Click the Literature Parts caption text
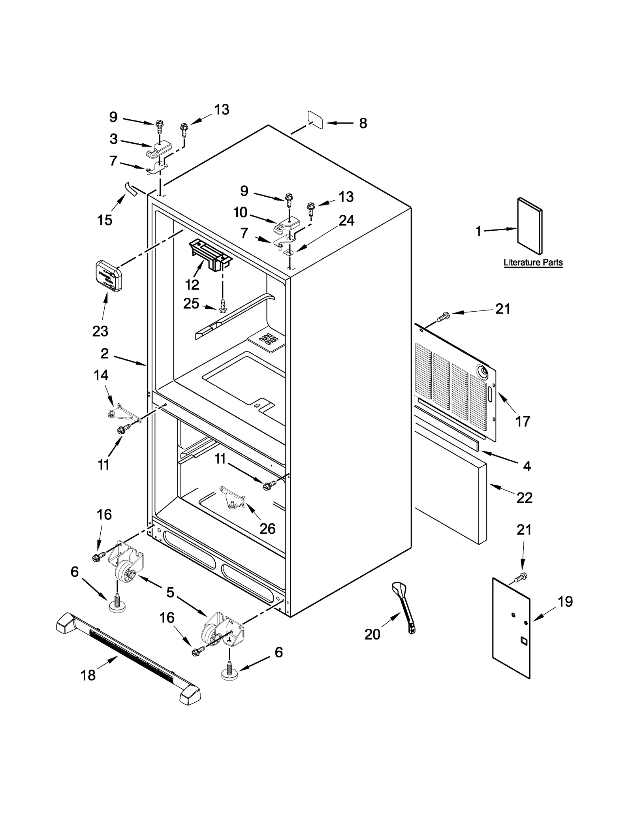click(533, 262)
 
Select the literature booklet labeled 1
click(530, 226)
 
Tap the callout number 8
click(363, 123)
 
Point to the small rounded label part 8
click(315, 120)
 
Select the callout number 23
click(100, 331)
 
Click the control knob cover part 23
click(109, 276)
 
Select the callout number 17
click(522, 421)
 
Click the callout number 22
click(524, 498)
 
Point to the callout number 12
click(192, 284)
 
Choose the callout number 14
click(101, 375)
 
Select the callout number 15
click(105, 220)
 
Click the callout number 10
click(240, 212)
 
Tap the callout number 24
click(346, 220)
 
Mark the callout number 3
click(113, 139)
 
